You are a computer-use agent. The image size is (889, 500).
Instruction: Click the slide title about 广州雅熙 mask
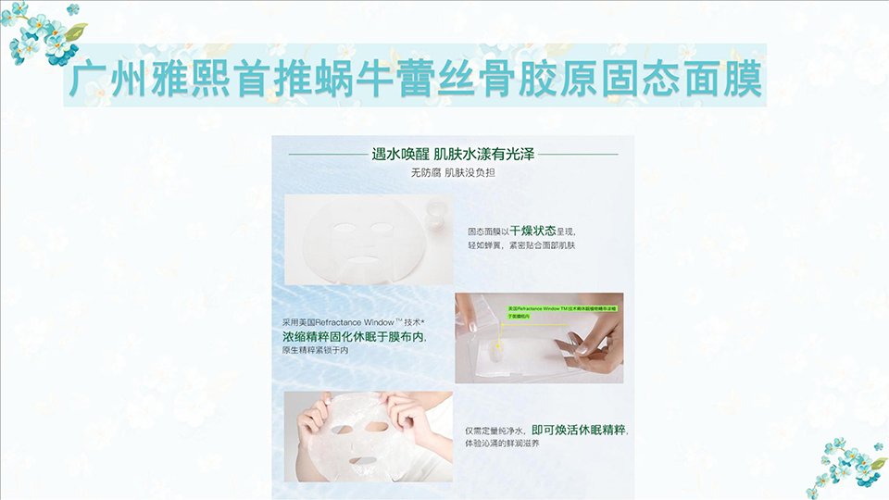[416, 81]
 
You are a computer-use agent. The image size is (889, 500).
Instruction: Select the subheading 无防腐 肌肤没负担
[453, 172]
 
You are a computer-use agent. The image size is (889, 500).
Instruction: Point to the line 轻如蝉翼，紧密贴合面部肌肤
[521, 245]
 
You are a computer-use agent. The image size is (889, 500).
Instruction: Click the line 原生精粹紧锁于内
[312, 352]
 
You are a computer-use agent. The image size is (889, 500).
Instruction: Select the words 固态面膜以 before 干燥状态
[488, 231]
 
